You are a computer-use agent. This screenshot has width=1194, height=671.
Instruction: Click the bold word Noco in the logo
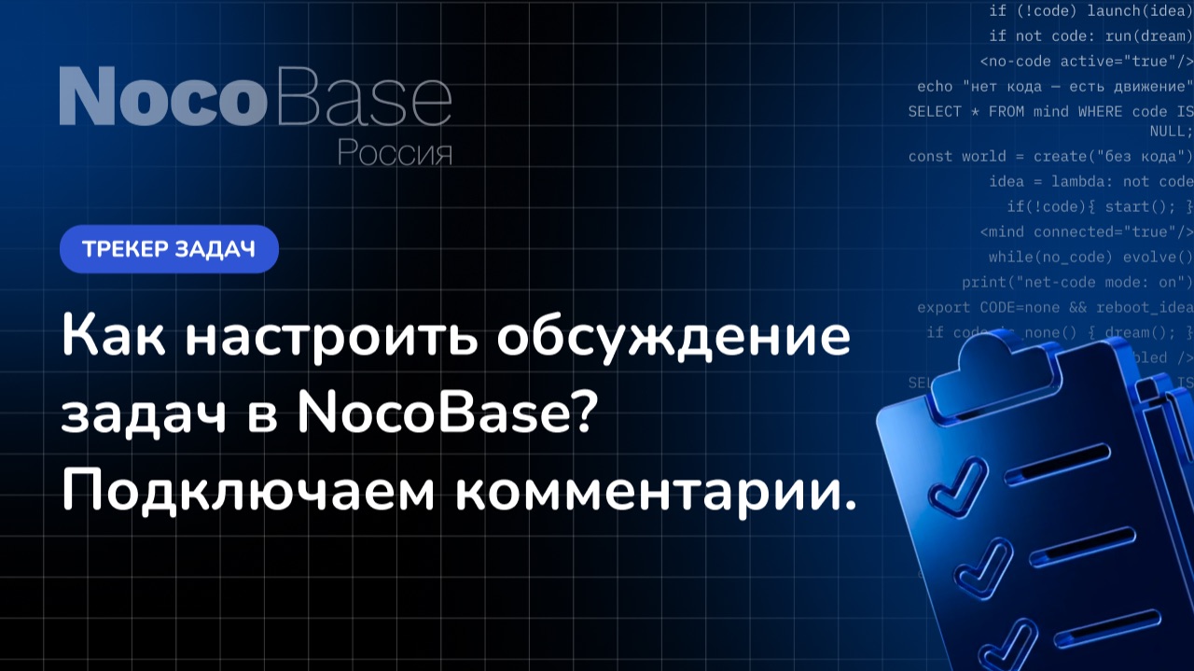click(157, 97)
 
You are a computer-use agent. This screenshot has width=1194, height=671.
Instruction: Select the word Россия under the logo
click(395, 151)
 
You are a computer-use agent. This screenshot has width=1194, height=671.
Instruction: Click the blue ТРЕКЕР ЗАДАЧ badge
click(169, 249)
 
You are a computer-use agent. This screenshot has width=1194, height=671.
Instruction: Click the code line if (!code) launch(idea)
click(1090, 10)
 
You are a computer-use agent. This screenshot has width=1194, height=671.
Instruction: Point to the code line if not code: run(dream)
click(1090, 35)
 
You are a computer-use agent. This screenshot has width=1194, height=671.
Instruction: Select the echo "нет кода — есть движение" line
click(1055, 86)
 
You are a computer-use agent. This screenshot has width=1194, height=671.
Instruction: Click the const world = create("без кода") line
click(1050, 156)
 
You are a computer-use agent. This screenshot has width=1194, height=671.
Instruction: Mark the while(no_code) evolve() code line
click(1090, 257)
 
